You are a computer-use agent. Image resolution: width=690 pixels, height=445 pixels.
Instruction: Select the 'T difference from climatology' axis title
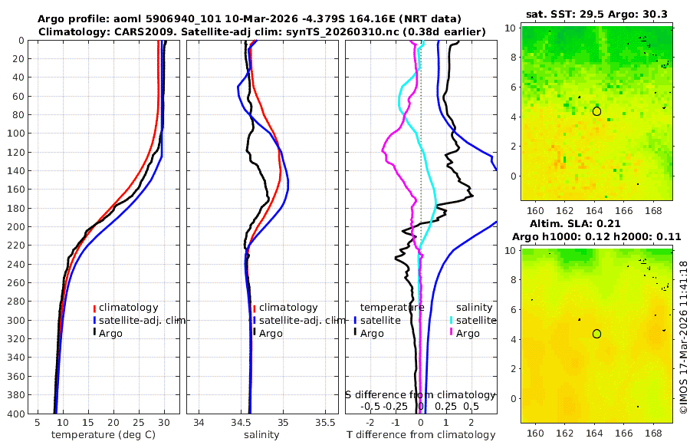coord(421,435)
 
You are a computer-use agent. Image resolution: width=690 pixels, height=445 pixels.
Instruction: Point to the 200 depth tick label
coord(17,227)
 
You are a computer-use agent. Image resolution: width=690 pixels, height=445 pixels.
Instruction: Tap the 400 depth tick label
coord(17,414)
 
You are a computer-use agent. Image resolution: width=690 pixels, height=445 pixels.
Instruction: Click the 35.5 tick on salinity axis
coord(326,422)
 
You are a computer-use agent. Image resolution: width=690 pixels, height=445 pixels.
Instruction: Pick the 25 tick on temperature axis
coord(139,422)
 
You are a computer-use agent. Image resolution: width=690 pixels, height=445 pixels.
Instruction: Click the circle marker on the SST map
coord(596,111)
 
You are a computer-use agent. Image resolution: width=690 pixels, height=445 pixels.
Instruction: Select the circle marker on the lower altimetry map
coord(596,334)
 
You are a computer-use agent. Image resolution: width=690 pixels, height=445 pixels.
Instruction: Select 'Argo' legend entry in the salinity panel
coord(270,333)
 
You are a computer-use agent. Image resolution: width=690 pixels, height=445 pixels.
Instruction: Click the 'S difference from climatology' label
coord(421,394)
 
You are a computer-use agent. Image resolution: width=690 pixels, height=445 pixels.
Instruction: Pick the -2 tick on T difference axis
coord(370,422)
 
